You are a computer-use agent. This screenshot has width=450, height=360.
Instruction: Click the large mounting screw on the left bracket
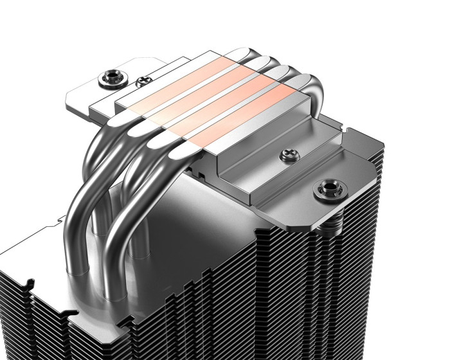(105, 80)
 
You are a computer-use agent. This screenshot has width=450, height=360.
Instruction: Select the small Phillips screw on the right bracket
(285, 154)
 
